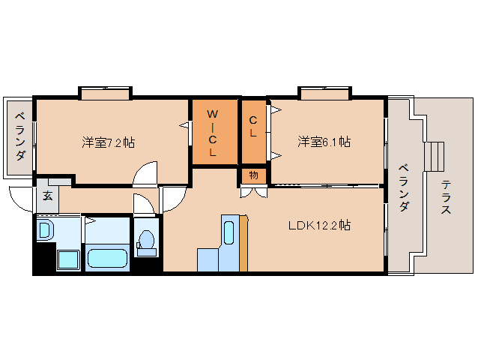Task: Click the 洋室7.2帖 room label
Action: tap(108, 142)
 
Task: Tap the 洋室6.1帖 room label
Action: tap(324, 141)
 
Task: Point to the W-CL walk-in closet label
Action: tap(213, 133)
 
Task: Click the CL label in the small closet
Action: tap(253, 127)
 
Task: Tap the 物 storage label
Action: tap(253, 175)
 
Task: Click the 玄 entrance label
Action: tap(47, 196)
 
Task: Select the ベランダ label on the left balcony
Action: tap(20, 137)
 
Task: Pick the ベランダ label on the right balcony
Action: tap(402, 187)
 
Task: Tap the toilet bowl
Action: tap(146, 241)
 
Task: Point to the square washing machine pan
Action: tap(69, 259)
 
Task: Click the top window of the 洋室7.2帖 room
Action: tap(106, 94)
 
